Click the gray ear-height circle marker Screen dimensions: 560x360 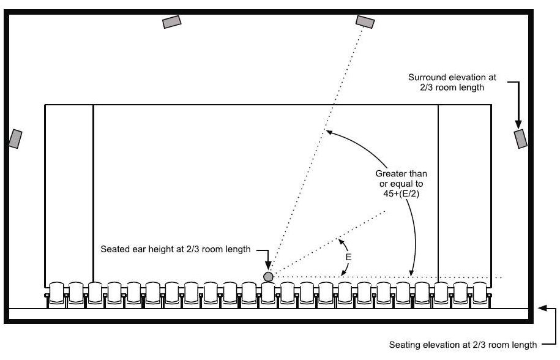pos(268,277)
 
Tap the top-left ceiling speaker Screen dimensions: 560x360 pos(172,22)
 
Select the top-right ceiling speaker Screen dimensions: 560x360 pos(365,22)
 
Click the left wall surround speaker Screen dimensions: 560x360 pos(15,139)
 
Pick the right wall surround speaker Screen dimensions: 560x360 pos(520,139)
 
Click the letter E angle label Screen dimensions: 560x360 pos(348,257)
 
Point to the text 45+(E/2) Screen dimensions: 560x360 pos(401,194)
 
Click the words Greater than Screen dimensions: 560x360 pos(401,174)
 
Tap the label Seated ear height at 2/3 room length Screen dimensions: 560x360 pos(176,249)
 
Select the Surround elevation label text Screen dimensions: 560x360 pos(452,82)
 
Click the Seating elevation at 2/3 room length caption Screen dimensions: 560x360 pos(463,345)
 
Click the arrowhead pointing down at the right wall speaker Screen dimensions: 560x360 pos(518,124)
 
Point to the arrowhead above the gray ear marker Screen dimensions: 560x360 pos(268,266)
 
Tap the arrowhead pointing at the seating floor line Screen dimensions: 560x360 pos(542,308)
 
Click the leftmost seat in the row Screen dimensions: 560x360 pos(56,294)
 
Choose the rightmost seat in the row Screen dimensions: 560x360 pos(480,294)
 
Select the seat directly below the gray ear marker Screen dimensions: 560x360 pos(268,294)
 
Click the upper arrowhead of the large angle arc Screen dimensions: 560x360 pos(330,132)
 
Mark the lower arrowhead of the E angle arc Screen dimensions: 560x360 pos(343,273)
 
